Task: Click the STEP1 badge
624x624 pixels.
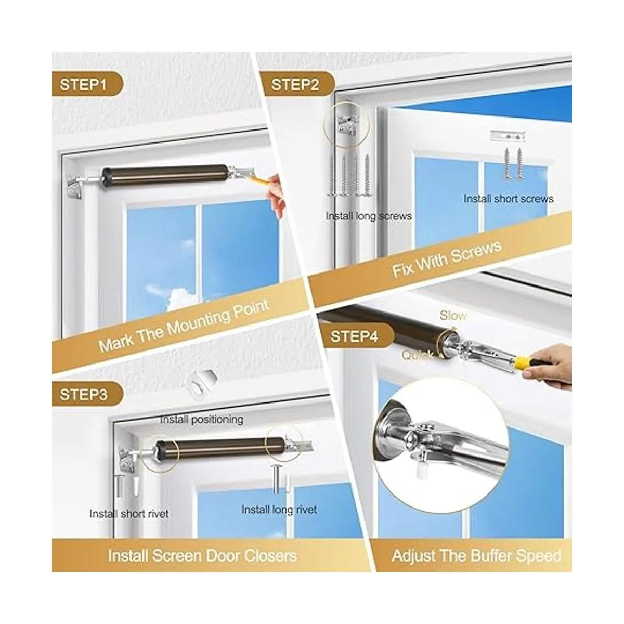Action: click(87, 85)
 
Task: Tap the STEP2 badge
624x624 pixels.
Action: click(298, 85)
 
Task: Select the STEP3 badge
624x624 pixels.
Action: click(87, 395)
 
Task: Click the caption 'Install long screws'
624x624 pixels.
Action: click(369, 216)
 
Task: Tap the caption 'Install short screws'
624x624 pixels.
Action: click(509, 199)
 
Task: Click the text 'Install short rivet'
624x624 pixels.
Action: click(129, 514)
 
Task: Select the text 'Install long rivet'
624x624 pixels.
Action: click(279, 510)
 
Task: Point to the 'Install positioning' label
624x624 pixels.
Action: click(201, 420)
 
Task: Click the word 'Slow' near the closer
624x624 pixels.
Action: click(453, 316)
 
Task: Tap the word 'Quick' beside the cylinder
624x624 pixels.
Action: click(417, 356)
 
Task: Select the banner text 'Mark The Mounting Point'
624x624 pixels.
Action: click(184, 326)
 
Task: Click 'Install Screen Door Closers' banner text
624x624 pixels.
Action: click(202, 556)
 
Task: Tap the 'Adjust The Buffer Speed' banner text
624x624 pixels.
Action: click(476, 556)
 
